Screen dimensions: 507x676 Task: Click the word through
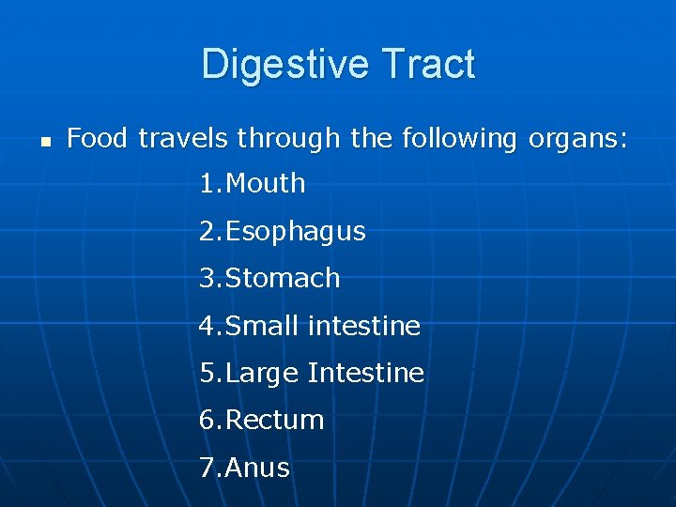coord(289,139)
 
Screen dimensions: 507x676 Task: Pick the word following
coord(459,140)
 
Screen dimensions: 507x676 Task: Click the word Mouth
coord(266,183)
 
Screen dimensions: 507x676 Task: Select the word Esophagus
coord(296,232)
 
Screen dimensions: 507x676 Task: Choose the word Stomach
coord(283,278)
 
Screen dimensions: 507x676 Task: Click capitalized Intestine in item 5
coord(366,373)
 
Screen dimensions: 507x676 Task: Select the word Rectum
coord(275,420)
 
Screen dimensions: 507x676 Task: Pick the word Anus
coord(258,468)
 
